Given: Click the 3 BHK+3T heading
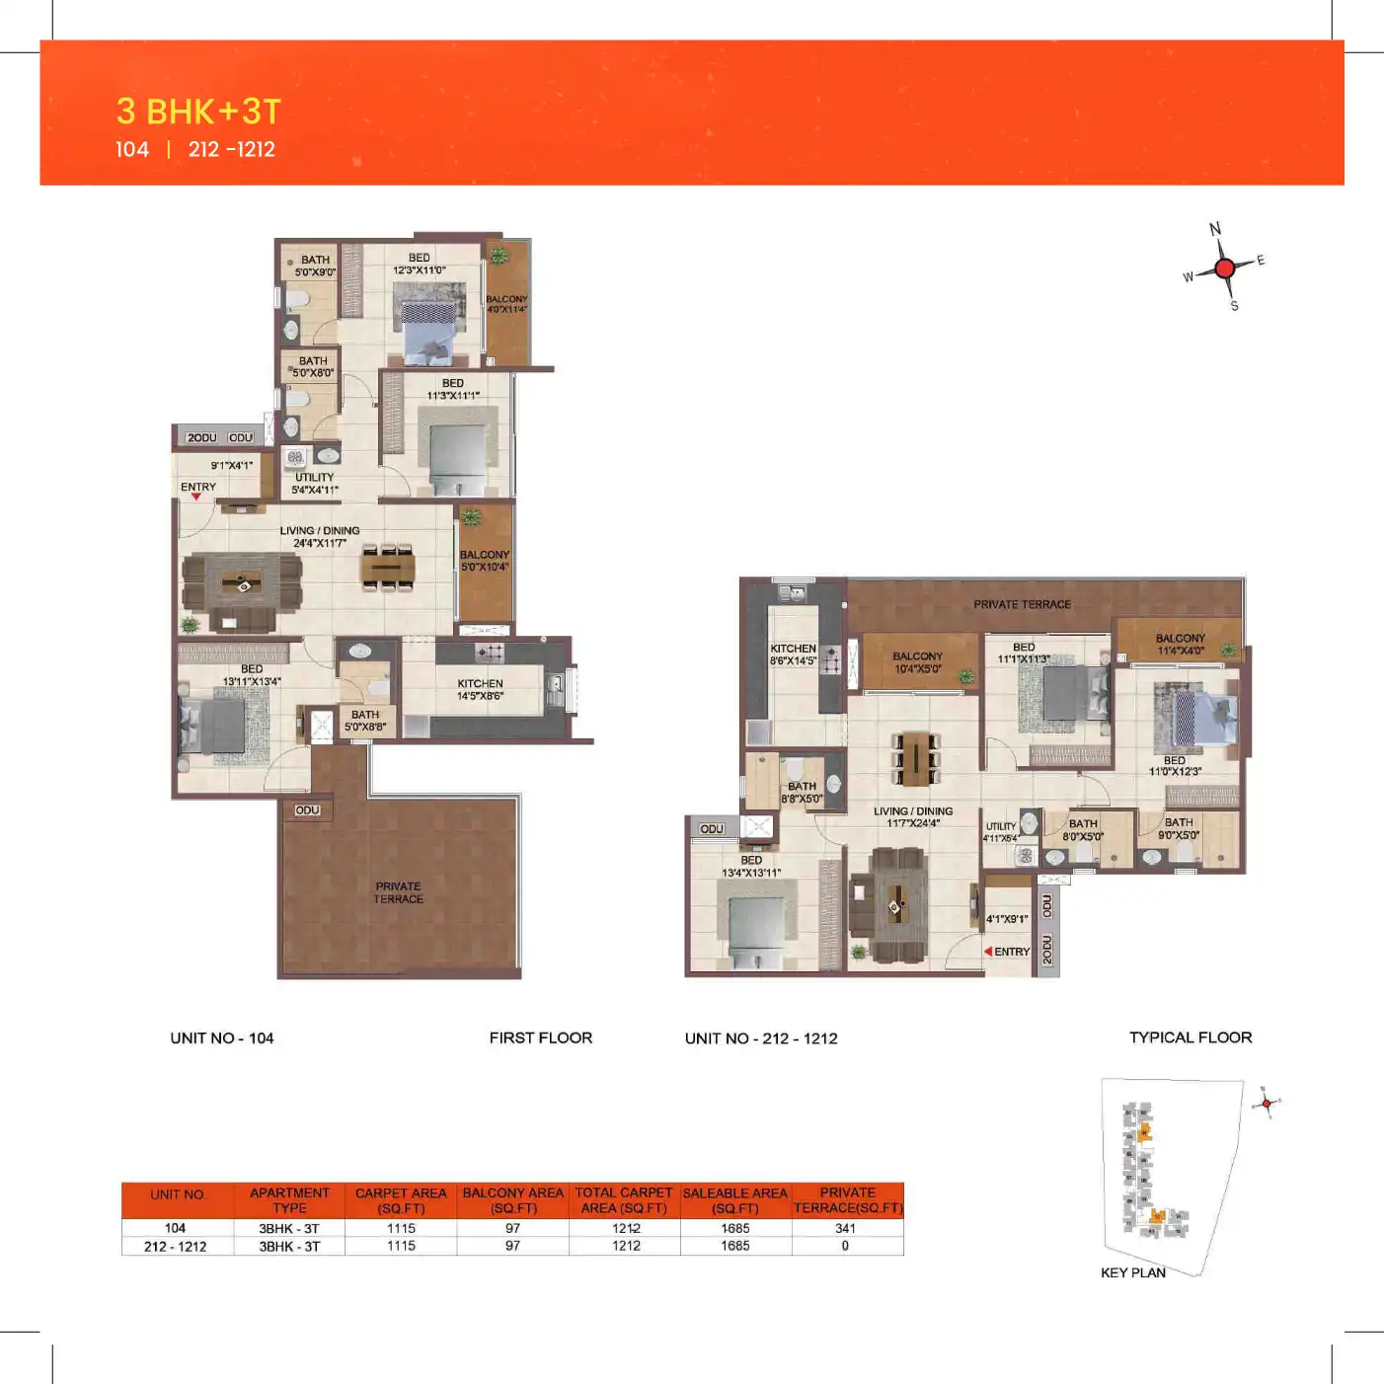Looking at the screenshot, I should coord(198,112).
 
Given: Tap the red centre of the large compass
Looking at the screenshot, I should coord(1225,268).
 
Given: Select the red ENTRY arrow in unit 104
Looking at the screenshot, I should coord(195,497).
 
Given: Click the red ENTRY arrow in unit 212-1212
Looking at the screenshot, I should coord(988,952).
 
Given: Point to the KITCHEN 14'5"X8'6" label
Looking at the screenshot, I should coord(480,689).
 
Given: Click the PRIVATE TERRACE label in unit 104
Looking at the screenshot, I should coord(398,892).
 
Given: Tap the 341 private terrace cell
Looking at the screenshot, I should coord(845,1228).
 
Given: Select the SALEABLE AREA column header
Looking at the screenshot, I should coord(735,1200).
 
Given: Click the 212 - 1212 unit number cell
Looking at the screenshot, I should coord(176,1247).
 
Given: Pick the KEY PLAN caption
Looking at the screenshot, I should coord(1132,1272).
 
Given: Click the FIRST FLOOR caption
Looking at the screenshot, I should coord(540,1038).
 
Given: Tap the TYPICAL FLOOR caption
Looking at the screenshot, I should coord(1190,1038).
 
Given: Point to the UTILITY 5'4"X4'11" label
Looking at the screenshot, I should coord(315,483).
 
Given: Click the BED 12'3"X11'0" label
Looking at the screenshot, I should coord(420,264).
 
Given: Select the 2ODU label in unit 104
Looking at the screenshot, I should coord(202,437).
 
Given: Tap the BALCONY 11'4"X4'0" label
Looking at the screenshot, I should coord(1180,644).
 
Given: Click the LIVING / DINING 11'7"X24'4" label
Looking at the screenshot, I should coord(913,816).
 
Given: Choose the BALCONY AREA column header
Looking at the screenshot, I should coord(512,1200).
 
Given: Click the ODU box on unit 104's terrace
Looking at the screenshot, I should coord(307,810).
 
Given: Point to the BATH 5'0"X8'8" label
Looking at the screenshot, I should coord(365,721).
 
